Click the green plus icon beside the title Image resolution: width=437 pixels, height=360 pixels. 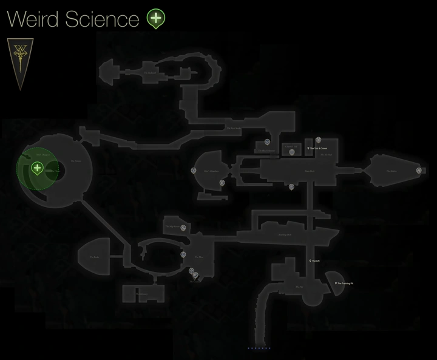click(x=156, y=19)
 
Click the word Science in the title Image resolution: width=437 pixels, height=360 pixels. click(x=105, y=19)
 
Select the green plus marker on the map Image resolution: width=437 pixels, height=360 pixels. click(x=37, y=168)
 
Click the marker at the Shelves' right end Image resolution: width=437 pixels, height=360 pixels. click(x=419, y=171)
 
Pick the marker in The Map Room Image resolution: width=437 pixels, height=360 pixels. click(x=183, y=228)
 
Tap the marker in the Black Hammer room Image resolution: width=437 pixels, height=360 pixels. click(x=291, y=152)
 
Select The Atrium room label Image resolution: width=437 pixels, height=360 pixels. click(x=75, y=161)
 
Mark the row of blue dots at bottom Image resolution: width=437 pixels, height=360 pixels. click(x=259, y=348)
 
